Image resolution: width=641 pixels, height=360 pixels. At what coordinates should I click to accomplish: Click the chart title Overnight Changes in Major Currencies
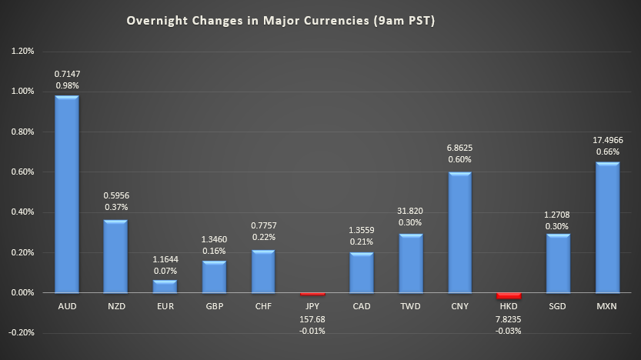(x=281, y=21)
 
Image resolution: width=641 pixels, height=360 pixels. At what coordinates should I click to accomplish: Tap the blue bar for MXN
(x=608, y=227)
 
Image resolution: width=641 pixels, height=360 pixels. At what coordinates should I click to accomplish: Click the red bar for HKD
(x=509, y=295)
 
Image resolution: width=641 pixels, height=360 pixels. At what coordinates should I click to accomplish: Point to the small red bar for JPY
(x=312, y=294)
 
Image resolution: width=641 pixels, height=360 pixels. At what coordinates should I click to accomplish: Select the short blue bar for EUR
(x=165, y=286)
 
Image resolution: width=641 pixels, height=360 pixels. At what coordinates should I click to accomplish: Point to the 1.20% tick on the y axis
(x=22, y=52)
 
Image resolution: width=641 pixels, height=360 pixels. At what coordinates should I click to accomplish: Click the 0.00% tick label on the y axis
(x=22, y=293)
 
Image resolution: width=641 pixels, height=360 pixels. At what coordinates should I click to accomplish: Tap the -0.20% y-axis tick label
(x=22, y=333)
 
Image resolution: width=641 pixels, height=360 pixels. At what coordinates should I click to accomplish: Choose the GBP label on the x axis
(x=214, y=305)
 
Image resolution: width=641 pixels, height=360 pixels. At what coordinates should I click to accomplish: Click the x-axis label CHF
(x=263, y=305)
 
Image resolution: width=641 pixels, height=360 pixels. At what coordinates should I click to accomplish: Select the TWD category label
(x=411, y=305)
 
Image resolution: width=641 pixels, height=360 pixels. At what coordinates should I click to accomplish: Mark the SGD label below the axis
(x=559, y=305)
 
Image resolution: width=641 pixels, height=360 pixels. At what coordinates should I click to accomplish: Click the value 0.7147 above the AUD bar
(x=67, y=74)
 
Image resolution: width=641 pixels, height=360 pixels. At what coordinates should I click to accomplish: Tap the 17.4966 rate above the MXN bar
(x=608, y=141)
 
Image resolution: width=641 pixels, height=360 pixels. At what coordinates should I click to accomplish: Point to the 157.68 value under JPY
(x=312, y=318)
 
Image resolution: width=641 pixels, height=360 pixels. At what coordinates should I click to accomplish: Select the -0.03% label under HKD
(x=509, y=331)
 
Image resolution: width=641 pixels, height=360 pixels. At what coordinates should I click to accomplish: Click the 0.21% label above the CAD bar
(x=362, y=242)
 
